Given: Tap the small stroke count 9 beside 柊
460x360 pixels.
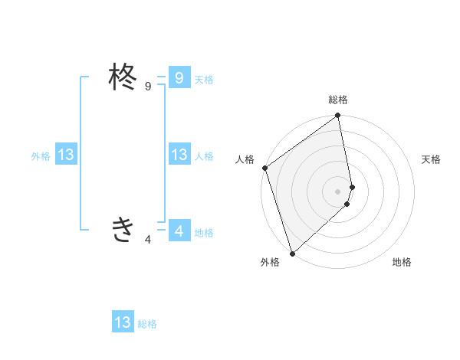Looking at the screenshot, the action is [x=148, y=87].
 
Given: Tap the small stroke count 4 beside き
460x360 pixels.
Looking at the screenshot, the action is [x=148, y=240].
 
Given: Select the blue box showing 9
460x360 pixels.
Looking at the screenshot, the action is [x=179, y=78].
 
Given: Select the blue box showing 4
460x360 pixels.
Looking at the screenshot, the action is [x=179, y=231].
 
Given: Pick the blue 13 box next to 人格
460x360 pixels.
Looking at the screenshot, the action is [x=179, y=155].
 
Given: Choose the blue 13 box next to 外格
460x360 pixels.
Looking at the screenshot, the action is [x=65, y=155].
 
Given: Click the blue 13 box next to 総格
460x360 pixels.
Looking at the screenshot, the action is [x=123, y=322].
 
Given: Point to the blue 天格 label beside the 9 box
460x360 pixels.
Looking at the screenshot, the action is [x=204, y=80].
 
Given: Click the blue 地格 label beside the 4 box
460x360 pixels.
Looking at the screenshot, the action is [x=204, y=233].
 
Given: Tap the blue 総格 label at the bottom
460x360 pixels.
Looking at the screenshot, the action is [x=147, y=324].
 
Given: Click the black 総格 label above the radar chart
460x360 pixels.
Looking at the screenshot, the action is [x=338, y=100].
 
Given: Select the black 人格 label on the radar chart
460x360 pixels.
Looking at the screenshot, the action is [x=245, y=159].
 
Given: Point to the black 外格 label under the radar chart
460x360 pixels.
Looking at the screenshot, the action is [x=270, y=262].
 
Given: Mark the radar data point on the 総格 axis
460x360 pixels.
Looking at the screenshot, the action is [x=338, y=116].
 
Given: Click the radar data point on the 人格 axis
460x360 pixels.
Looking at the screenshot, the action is [x=264, y=168].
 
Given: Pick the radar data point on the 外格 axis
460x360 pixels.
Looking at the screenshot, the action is [x=292, y=253].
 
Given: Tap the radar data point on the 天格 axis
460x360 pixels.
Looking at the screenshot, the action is [x=352, y=187].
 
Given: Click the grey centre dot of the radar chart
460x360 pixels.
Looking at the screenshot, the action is [x=338, y=191].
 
